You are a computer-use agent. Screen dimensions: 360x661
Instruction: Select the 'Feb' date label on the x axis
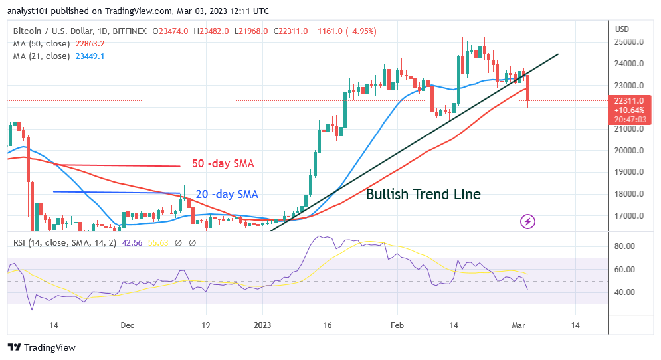pyautogui.click(x=397, y=325)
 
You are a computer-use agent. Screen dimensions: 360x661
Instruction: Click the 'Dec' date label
pyautogui.click(x=128, y=325)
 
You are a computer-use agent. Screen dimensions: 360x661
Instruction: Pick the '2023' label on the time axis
pyautogui.click(x=262, y=325)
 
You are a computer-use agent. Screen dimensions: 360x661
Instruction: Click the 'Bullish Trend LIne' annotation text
pyautogui.click(x=423, y=195)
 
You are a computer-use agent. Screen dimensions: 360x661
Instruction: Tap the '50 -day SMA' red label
pyautogui.click(x=223, y=164)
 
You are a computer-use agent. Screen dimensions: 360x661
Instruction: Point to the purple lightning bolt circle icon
pyautogui.click(x=527, y=221)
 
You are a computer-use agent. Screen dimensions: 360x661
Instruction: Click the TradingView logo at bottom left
pyautogui.click(x=41, y=347)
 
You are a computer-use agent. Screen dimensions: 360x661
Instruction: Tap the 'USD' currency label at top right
pyautogui.click(x=622, y=29)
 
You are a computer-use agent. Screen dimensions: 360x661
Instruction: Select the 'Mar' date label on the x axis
pyautogui.click(x=519, y=325)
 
